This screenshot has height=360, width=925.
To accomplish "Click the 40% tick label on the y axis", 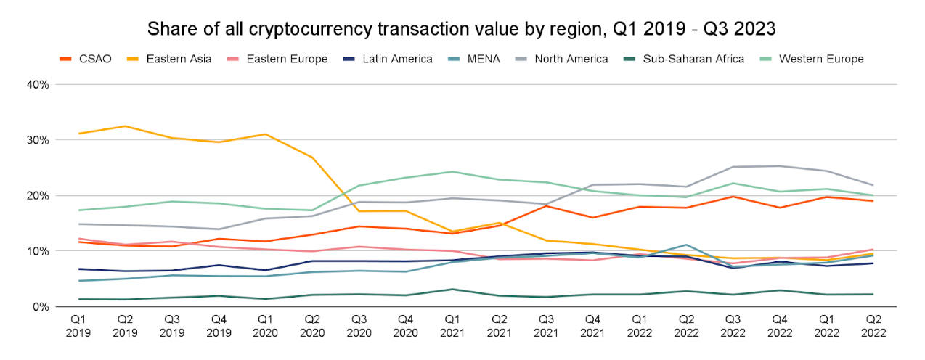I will click(37, 84).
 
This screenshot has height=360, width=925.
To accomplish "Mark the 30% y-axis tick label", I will click(37, 140).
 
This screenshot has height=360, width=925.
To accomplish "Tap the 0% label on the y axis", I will click(40, 306).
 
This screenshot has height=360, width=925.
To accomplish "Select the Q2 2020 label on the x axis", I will click(312, 327).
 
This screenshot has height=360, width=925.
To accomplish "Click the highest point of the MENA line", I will click(687, 245).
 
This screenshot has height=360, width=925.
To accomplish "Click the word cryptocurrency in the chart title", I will click(295, 29).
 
